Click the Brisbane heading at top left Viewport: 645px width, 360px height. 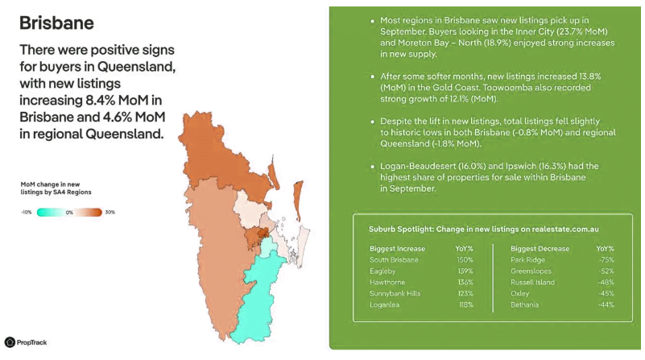click(56, 23)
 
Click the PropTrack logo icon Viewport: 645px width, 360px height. click(10, 342)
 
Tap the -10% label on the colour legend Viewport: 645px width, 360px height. click(27, 213)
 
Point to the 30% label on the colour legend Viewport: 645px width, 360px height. click(110, 213)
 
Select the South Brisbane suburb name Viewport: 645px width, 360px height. click(394, 260)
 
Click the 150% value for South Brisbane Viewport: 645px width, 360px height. click(465, 260)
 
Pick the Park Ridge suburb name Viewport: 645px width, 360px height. click(527, 260)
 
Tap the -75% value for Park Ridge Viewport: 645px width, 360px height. click(606, 260)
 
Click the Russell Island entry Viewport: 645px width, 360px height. click(533, 282)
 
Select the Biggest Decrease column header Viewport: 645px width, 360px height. click(540, 249)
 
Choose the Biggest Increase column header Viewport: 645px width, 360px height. click(397, 249)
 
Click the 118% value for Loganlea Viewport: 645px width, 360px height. click(466, 305)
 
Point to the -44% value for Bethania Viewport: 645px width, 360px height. click(606, 305)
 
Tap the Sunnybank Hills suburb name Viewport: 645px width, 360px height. click(395, 294)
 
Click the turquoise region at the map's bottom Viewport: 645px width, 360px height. click(257, 300)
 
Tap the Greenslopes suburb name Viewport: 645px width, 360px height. click(531, 271)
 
